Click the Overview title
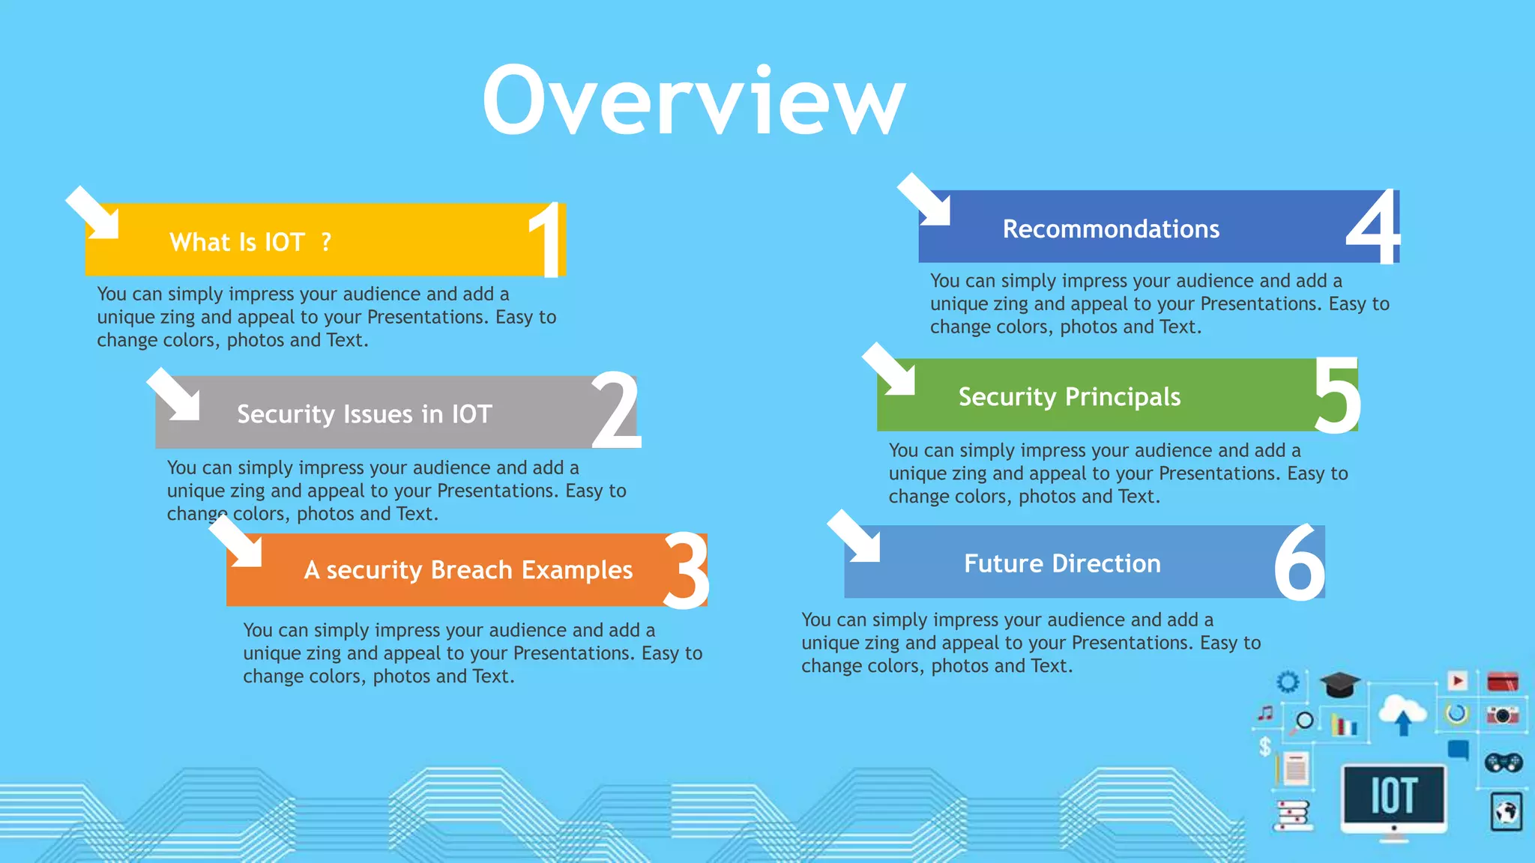pos(693,101)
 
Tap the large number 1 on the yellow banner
pos(546,240)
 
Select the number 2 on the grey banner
pos(616,411)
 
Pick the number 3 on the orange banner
pos(687,571)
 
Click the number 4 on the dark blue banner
pos(1373,228)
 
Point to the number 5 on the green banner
pos(1337,396)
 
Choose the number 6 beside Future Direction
pos(1299,563)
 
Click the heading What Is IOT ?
pos(250,242)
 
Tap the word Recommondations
pos(1111,228)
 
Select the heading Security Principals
pos(1069,396)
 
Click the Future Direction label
pos(1062,563)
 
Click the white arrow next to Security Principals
pos(890,370)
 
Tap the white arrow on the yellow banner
pos(94,214)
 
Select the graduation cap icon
pos(1339,684)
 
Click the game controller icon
pos(1503,763)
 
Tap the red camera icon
pos(1502,715)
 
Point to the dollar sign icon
pos(1265,746)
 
